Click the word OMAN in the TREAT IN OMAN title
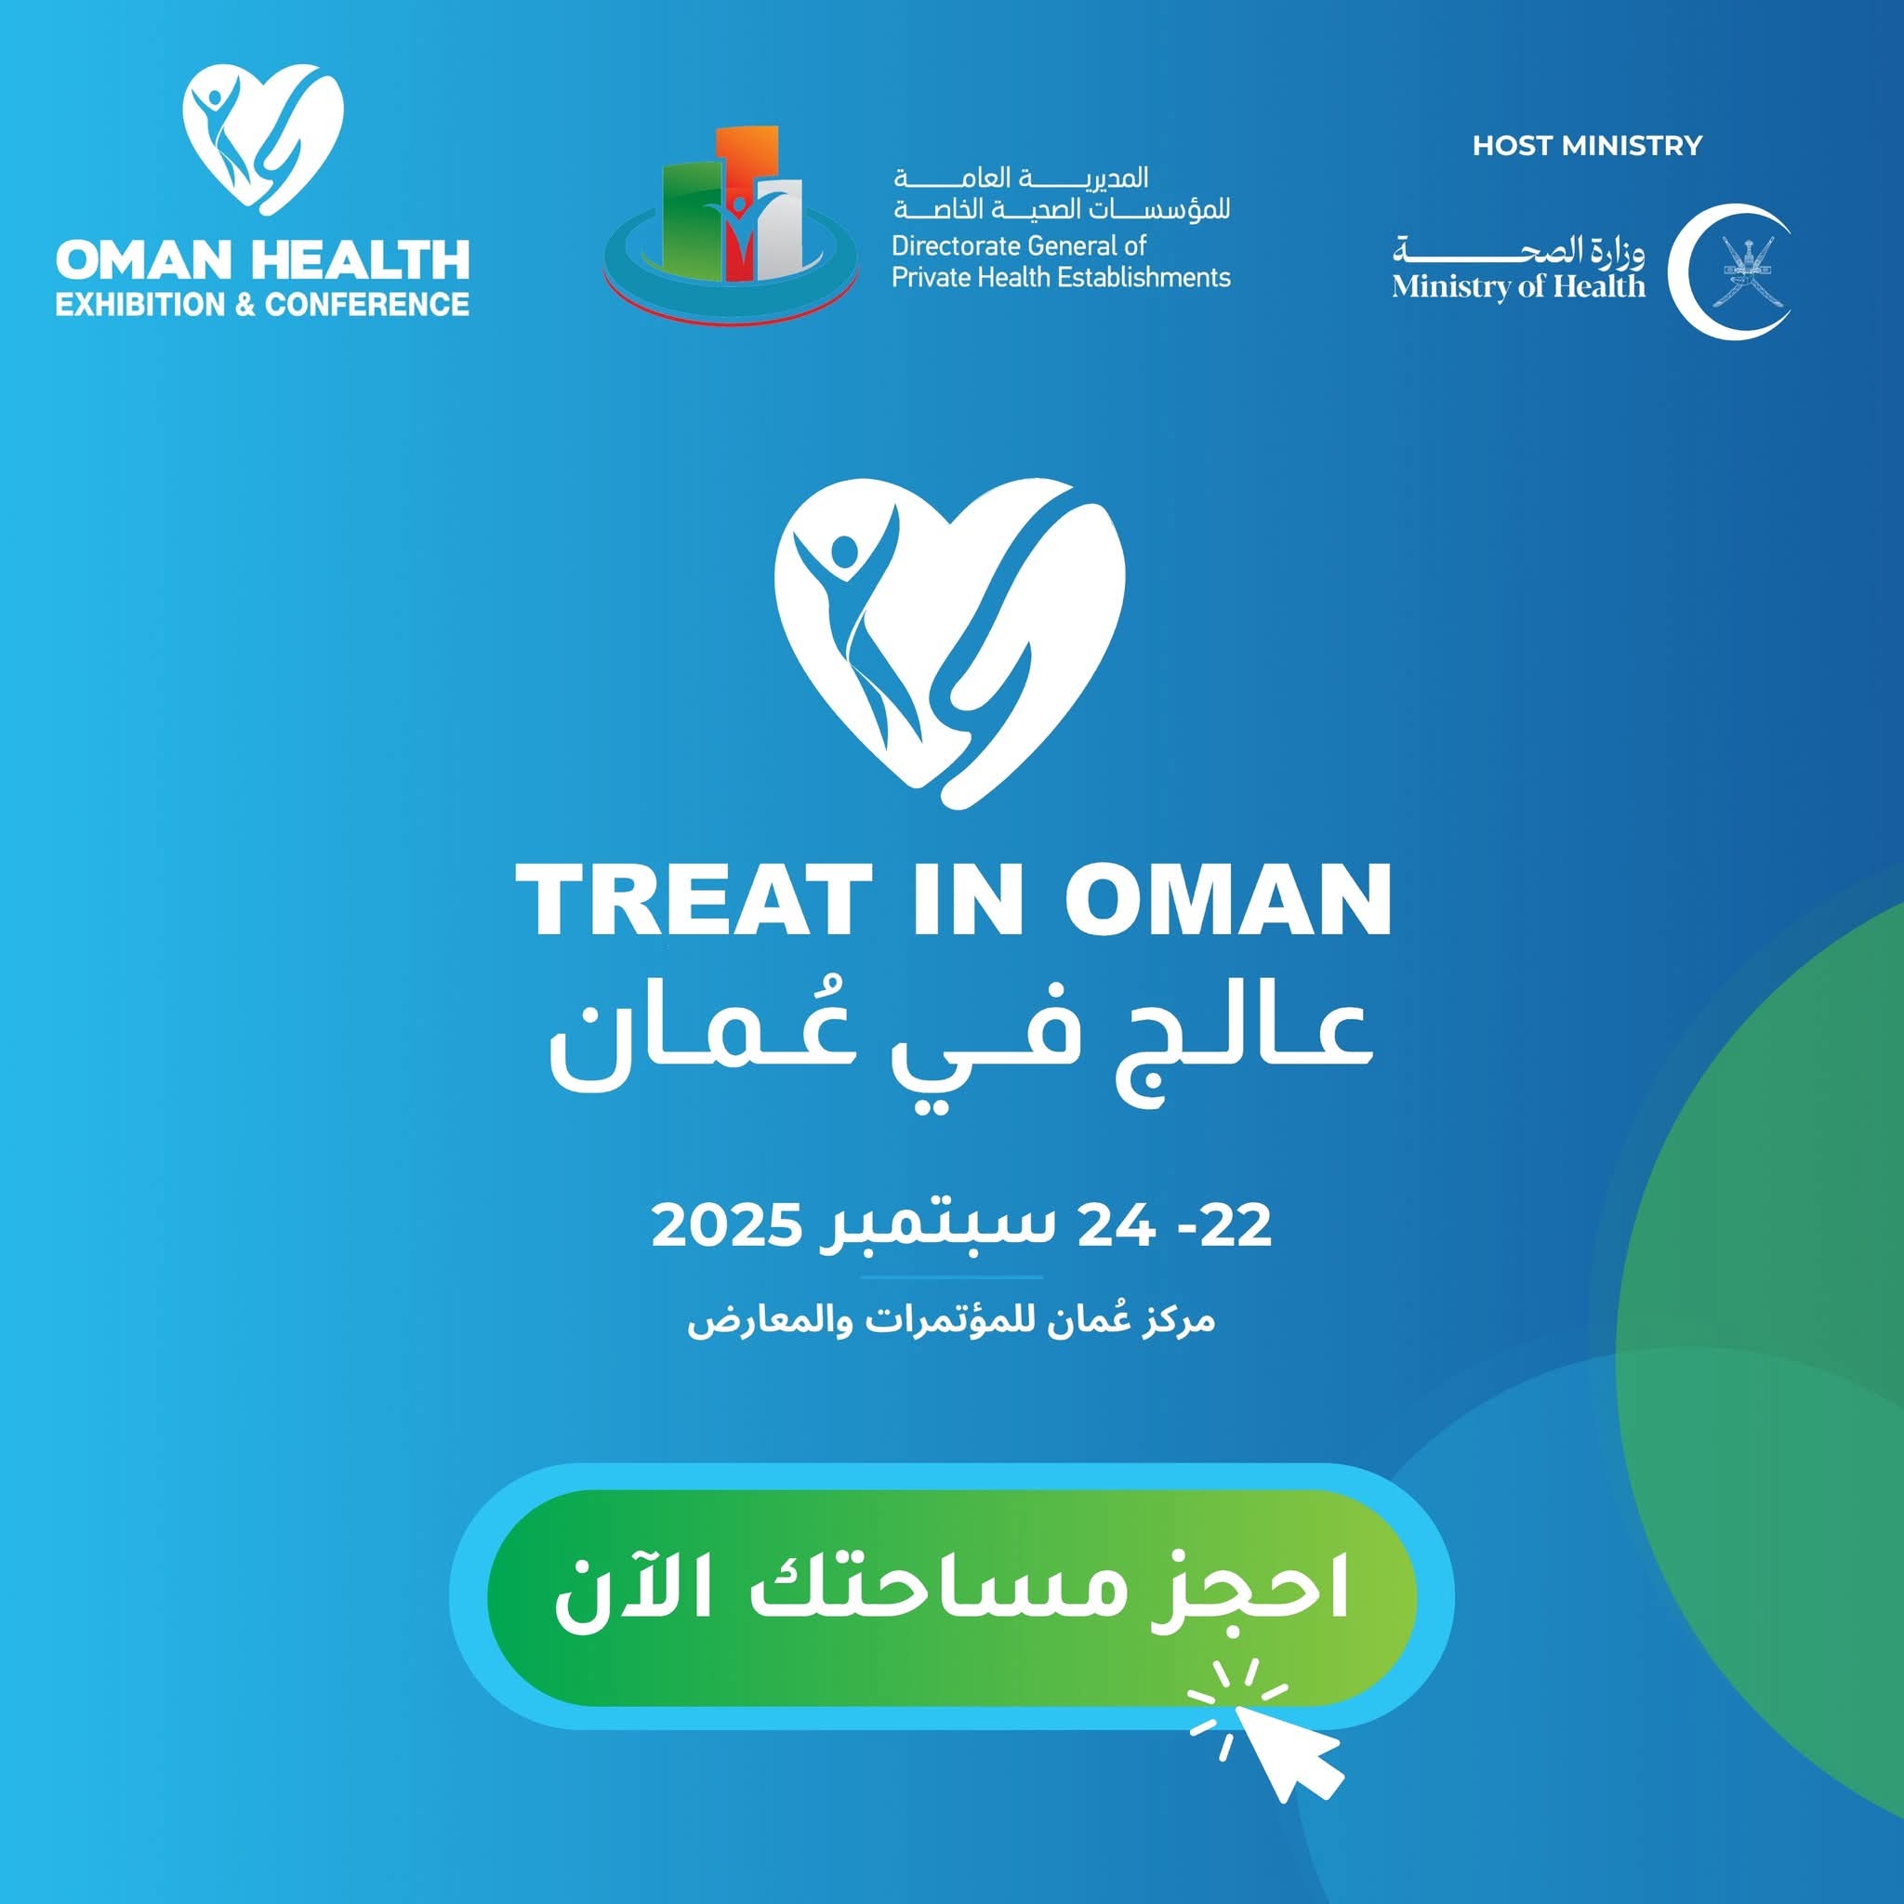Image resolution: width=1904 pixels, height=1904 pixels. tap(1227, 899)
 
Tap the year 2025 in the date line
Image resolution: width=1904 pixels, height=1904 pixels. tap(725, 1225)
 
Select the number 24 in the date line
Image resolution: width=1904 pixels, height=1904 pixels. tap(1115, 1225)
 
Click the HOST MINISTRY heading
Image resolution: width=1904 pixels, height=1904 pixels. tap(1587, 146)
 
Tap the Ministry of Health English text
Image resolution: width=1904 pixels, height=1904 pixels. tap(1517, 286)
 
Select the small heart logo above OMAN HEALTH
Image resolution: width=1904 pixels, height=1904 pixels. tap(263, 136)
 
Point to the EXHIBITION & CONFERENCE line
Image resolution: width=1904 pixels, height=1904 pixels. tap(262, 305)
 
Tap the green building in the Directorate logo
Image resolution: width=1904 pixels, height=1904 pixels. tap(687, 218)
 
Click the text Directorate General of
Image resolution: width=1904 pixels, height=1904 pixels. tap(1019, 245)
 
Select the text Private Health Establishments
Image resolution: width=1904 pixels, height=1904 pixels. tap(1061, 278)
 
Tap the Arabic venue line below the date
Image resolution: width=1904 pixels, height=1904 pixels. tap(951, 1320)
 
